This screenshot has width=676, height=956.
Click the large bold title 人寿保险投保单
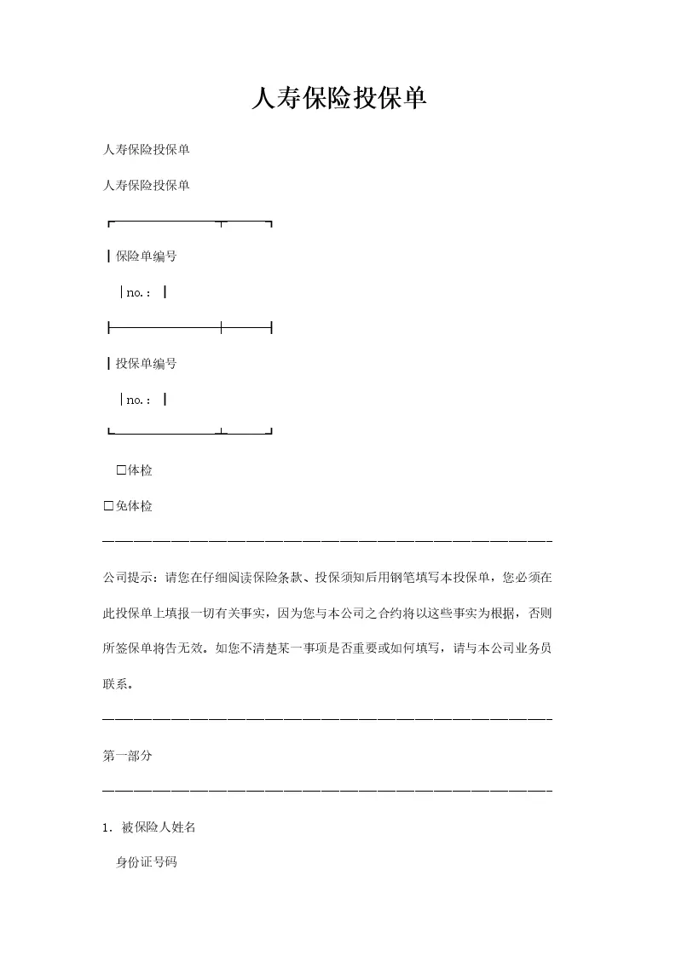pyautogui.click(x=338, y=100)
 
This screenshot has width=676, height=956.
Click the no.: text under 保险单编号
pyautogui.click(x=139, y=293)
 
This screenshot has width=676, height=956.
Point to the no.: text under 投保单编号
pyautogui.click(x=139, y=400)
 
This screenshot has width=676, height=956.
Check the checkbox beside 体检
pyautogui.click(x=121, y=470)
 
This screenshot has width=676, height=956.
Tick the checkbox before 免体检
pyautogui.click(x=108, y=506)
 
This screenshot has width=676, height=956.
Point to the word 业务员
pyautogui.click(x=533, y=648)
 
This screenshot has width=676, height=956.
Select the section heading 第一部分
pyautogui.click(x=127, y=756)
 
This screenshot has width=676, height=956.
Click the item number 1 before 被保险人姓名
pyautogui.click(x=106, y=827)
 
